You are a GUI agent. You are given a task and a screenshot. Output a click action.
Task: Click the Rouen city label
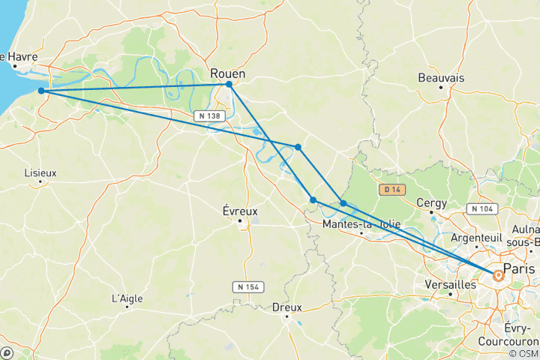point(228,73)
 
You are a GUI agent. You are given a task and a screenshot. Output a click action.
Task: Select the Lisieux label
point(40,172)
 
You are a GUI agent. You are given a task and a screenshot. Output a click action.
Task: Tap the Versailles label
point(450,285)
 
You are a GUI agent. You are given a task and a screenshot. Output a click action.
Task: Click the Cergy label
point(432,203)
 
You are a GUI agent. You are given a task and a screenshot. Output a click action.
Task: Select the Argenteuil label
point(476,237)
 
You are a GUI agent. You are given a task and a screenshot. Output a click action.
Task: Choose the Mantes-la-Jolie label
point(361,224)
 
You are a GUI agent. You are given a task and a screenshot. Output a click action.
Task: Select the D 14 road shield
point(391,190)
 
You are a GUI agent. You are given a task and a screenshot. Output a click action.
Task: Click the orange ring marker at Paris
point(498,276)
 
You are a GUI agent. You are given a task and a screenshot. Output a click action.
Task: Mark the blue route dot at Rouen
point(229,84)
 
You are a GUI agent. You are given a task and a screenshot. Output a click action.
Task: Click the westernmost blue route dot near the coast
point(41,91)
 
